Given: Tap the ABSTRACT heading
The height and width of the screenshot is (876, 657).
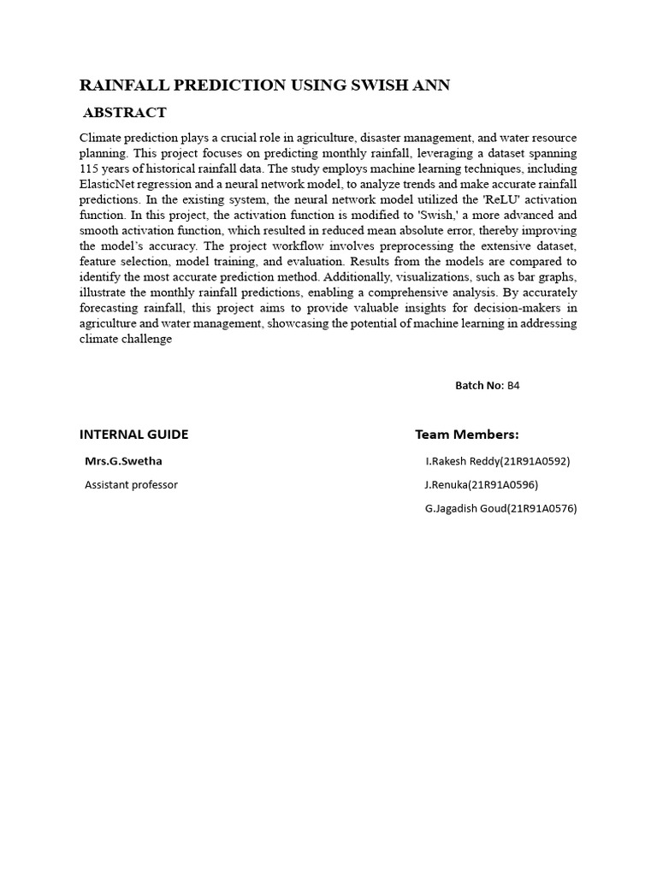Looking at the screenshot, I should click(125, 113).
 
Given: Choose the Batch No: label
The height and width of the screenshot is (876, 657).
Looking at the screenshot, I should click(479, 386).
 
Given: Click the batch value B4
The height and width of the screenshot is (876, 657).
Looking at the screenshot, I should click(513, 386).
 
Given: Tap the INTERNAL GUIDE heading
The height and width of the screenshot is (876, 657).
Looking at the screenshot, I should click(133, 435).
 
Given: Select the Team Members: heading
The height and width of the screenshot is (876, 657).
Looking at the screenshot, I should click(467, 435).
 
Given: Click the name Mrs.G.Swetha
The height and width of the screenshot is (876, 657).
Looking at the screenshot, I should click(123, 461).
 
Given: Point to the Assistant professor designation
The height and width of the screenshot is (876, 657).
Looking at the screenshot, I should click(131, 485).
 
